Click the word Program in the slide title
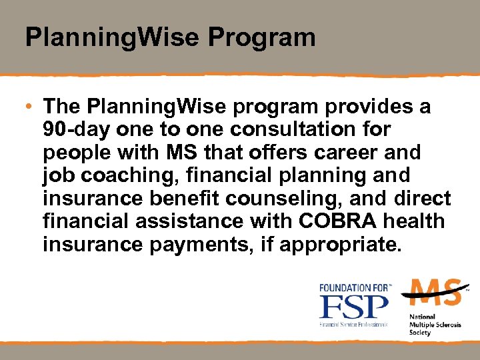coord(261,37)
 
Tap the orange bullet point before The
coord(30,107)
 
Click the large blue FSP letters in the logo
coord(353,307)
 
